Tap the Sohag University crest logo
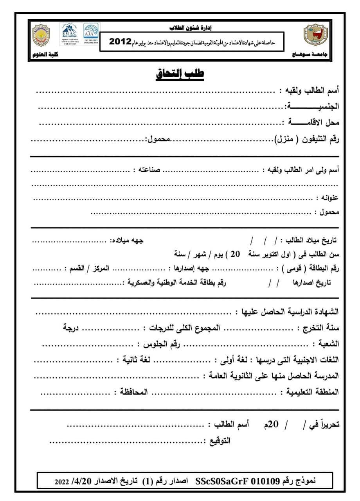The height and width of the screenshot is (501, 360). click(314, 35)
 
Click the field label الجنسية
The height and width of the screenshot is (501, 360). click(313, 106)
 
